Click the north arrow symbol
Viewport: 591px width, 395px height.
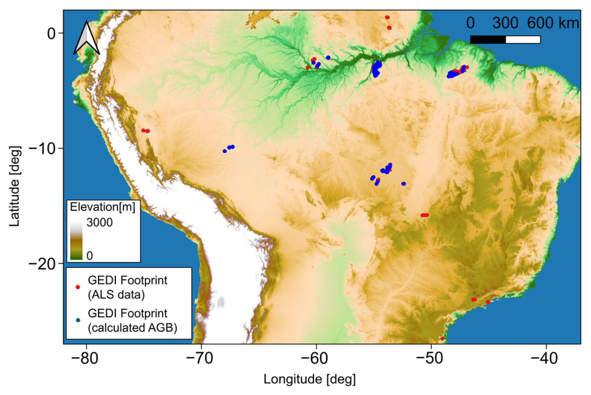coord(86,38)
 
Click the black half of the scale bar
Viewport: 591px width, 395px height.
coord(488,40)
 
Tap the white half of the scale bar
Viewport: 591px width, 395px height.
coord(523,40)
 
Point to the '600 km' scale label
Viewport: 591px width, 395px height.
coord(553,23)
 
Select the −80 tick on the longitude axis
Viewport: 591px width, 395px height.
coord(86,358)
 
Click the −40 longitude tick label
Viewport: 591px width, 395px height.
coord(546,358)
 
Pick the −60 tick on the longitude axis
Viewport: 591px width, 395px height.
coord(316,358)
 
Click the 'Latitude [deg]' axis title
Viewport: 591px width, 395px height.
coord(15,186)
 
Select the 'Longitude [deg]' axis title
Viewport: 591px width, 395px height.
coord(309,379)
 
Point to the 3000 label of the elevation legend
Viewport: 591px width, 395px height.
coord(100,223)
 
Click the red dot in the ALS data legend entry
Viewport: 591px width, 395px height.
coord(78,287)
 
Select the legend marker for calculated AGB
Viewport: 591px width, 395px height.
coord(78,320)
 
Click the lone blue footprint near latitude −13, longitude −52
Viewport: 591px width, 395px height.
coord(404,184)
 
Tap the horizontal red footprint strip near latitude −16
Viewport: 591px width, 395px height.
coord(425,215)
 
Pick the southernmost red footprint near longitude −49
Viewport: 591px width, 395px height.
coord(443,339)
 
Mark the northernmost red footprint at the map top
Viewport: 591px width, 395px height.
coord(387,17)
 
